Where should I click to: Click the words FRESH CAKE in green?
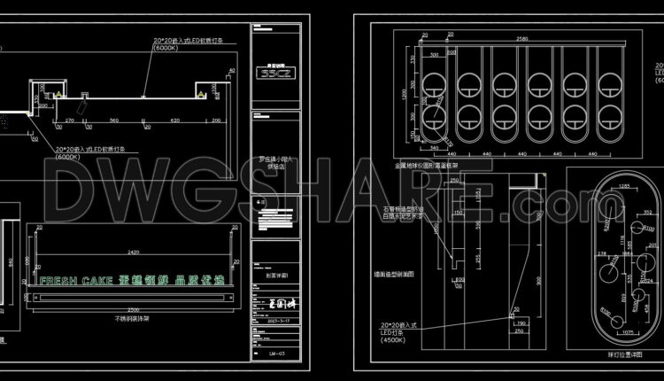tap(74, 280)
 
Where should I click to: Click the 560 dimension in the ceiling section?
tap(114, 120)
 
